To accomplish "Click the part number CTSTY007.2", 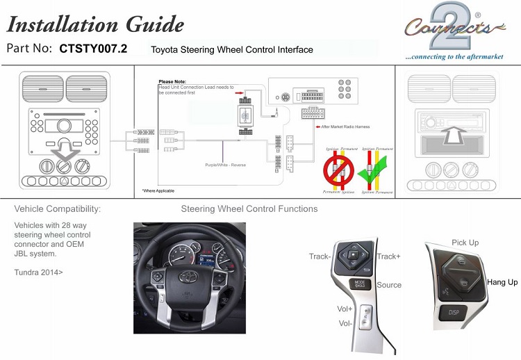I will [x=93, y=49].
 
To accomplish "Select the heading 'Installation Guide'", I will [x=95, y=24].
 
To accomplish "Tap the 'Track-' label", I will [x=320, y=256].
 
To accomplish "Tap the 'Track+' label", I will [x=388, y=256].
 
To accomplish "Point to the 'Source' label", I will [x=389, y=285].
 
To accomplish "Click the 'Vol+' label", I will [x=345, y=309].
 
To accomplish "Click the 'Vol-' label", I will [x=345, y=323].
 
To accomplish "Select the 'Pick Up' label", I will [x=465, y=243].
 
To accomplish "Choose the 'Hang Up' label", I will [x=502, y=282].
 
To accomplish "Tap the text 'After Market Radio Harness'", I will [x=345, y=127].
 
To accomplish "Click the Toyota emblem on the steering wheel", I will [x=190, y=277].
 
